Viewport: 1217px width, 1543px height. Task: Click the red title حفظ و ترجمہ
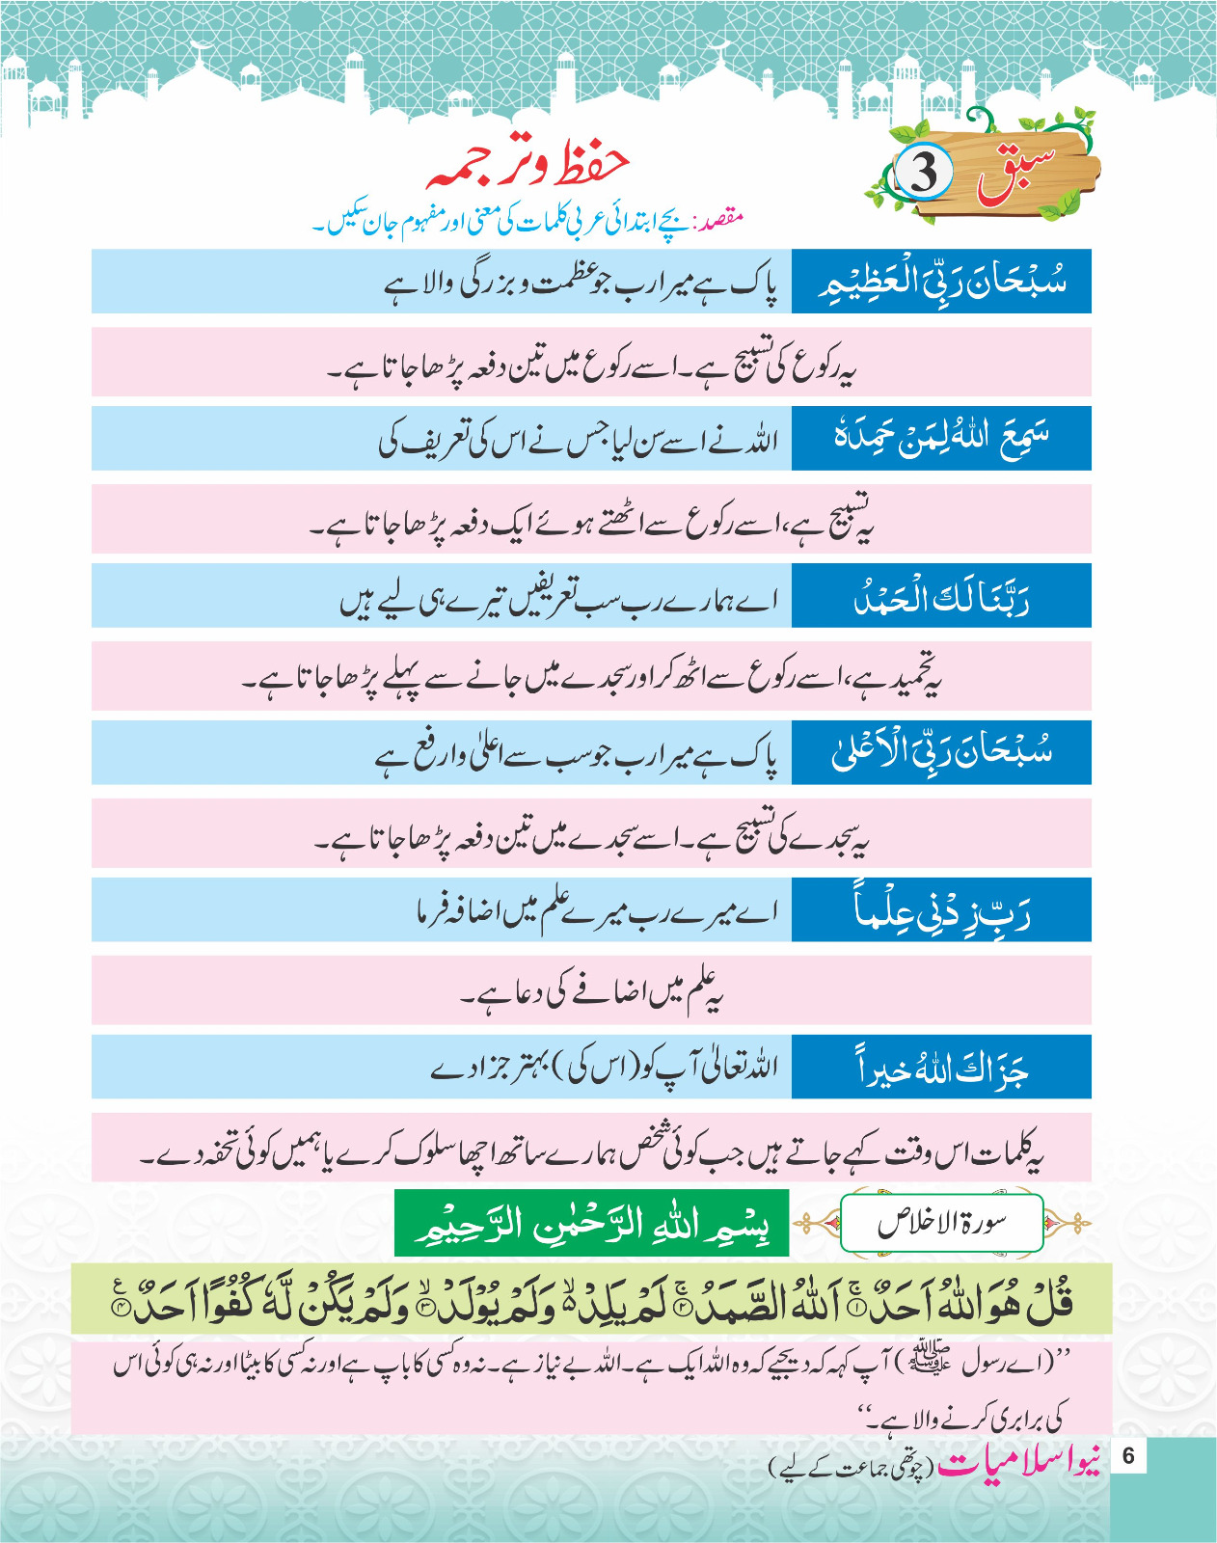(x=528, y=165)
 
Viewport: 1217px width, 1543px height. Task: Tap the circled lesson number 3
(x=924, y=173)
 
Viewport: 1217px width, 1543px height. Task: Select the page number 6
(x=1129, y=1455)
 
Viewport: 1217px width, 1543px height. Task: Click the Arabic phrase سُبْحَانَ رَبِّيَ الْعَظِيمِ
(x=941, y=282)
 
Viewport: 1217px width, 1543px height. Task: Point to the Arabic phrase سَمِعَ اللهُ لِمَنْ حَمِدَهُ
(x=941, y=438)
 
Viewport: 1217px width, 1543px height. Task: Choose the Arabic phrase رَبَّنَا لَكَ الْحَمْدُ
(x=941, y=597)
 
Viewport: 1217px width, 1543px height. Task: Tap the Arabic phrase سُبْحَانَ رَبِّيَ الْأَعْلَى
(x=941, y=753)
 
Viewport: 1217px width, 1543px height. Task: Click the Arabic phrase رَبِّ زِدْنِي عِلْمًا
(x=941, y=910)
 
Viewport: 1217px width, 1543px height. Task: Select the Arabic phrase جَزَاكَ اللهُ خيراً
(x=941, y=1068)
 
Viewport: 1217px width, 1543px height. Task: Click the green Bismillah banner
(x=591, y=1223)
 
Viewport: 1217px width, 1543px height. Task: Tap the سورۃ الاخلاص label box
(x=942, y=1223)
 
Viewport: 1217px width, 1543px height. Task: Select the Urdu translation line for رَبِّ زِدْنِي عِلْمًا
(x=596, y=910)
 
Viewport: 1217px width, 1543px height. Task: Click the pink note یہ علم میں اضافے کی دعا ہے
(x=591, y=991)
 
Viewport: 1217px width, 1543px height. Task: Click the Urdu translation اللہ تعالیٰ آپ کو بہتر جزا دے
(x=604, y=1068)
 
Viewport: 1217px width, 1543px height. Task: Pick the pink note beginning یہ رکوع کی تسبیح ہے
(x=591, y=363)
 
